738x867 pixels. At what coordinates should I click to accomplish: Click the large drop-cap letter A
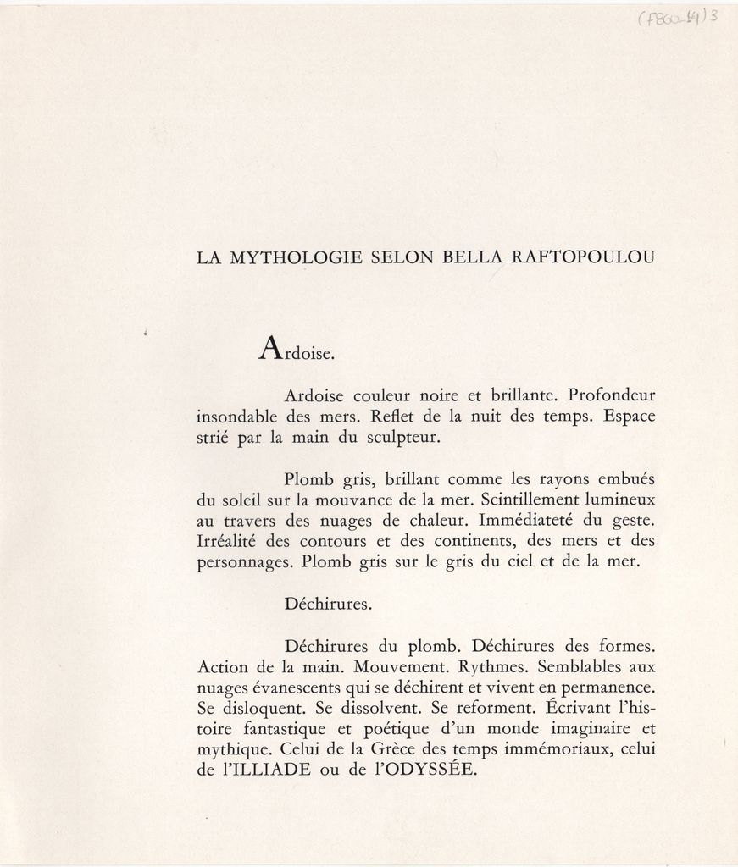(x=269, y=349)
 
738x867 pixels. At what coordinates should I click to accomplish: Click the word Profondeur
(x=611, y=395)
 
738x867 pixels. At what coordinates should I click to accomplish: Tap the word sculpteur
(x=404, y=439)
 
